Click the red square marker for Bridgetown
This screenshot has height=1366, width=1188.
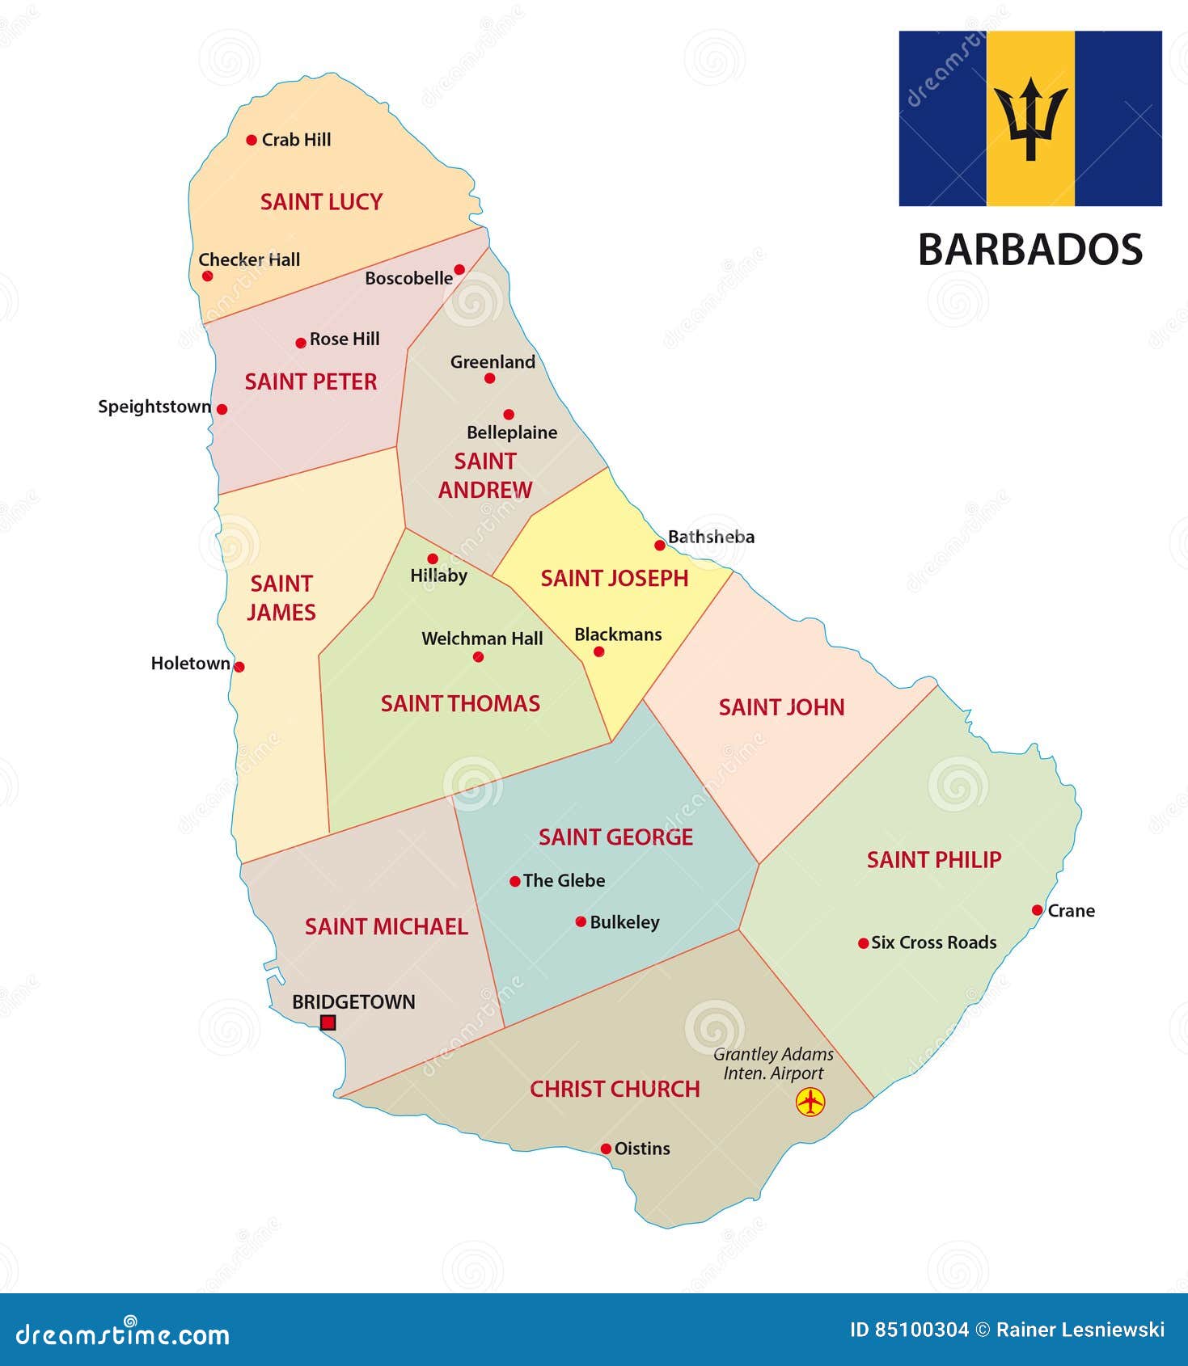[x=328, y=1022]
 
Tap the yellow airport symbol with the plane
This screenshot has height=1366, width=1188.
[x=810, y=1102]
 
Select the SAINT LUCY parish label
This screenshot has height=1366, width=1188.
[x=321, y=202]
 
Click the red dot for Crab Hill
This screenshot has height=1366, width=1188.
[x=252, y=140]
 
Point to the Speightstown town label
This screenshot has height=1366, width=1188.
[x=154, y=407]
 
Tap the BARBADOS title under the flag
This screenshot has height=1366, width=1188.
[x=1029, y=250]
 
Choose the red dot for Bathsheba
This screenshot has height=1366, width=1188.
[x=660, y=546]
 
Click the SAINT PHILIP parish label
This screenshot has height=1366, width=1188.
[x=934, y=860]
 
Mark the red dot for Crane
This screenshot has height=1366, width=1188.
[x=1038, y=910]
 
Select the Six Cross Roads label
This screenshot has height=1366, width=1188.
[x=933, y=942]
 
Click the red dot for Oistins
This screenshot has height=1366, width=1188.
[x=606, y=1149]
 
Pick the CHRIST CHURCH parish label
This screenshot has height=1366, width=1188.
[x=615, y=1090]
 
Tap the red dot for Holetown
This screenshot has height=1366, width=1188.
[x=239, y=667]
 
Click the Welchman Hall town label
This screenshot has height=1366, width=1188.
[x=482, y=639]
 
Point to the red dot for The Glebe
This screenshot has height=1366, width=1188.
[x=515, y=881]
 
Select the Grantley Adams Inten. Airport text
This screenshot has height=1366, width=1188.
[x=773, y=1064]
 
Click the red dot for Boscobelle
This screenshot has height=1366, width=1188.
[x=459, y=269]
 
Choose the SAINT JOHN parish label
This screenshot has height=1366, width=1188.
[x=781, y=708]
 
